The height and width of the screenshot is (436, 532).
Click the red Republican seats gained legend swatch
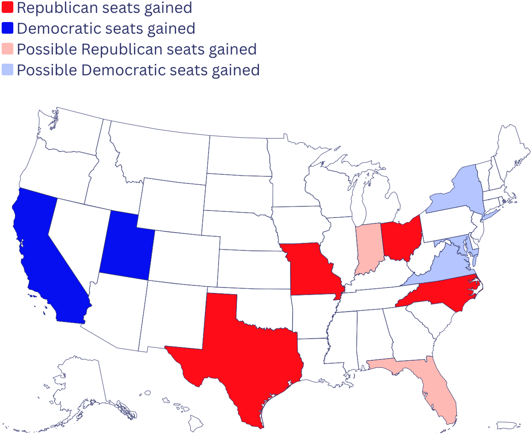(7, 7)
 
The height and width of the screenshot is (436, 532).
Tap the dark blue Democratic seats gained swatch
(7, 28)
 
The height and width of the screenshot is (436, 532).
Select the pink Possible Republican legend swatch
(7, 49)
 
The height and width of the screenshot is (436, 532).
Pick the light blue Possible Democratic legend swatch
(7, 70)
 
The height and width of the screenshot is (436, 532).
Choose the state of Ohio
(401, 239)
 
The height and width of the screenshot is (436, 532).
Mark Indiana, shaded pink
(367, 248)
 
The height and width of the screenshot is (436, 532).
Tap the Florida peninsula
(439, 390)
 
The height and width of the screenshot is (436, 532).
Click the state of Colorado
(186, 257)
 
